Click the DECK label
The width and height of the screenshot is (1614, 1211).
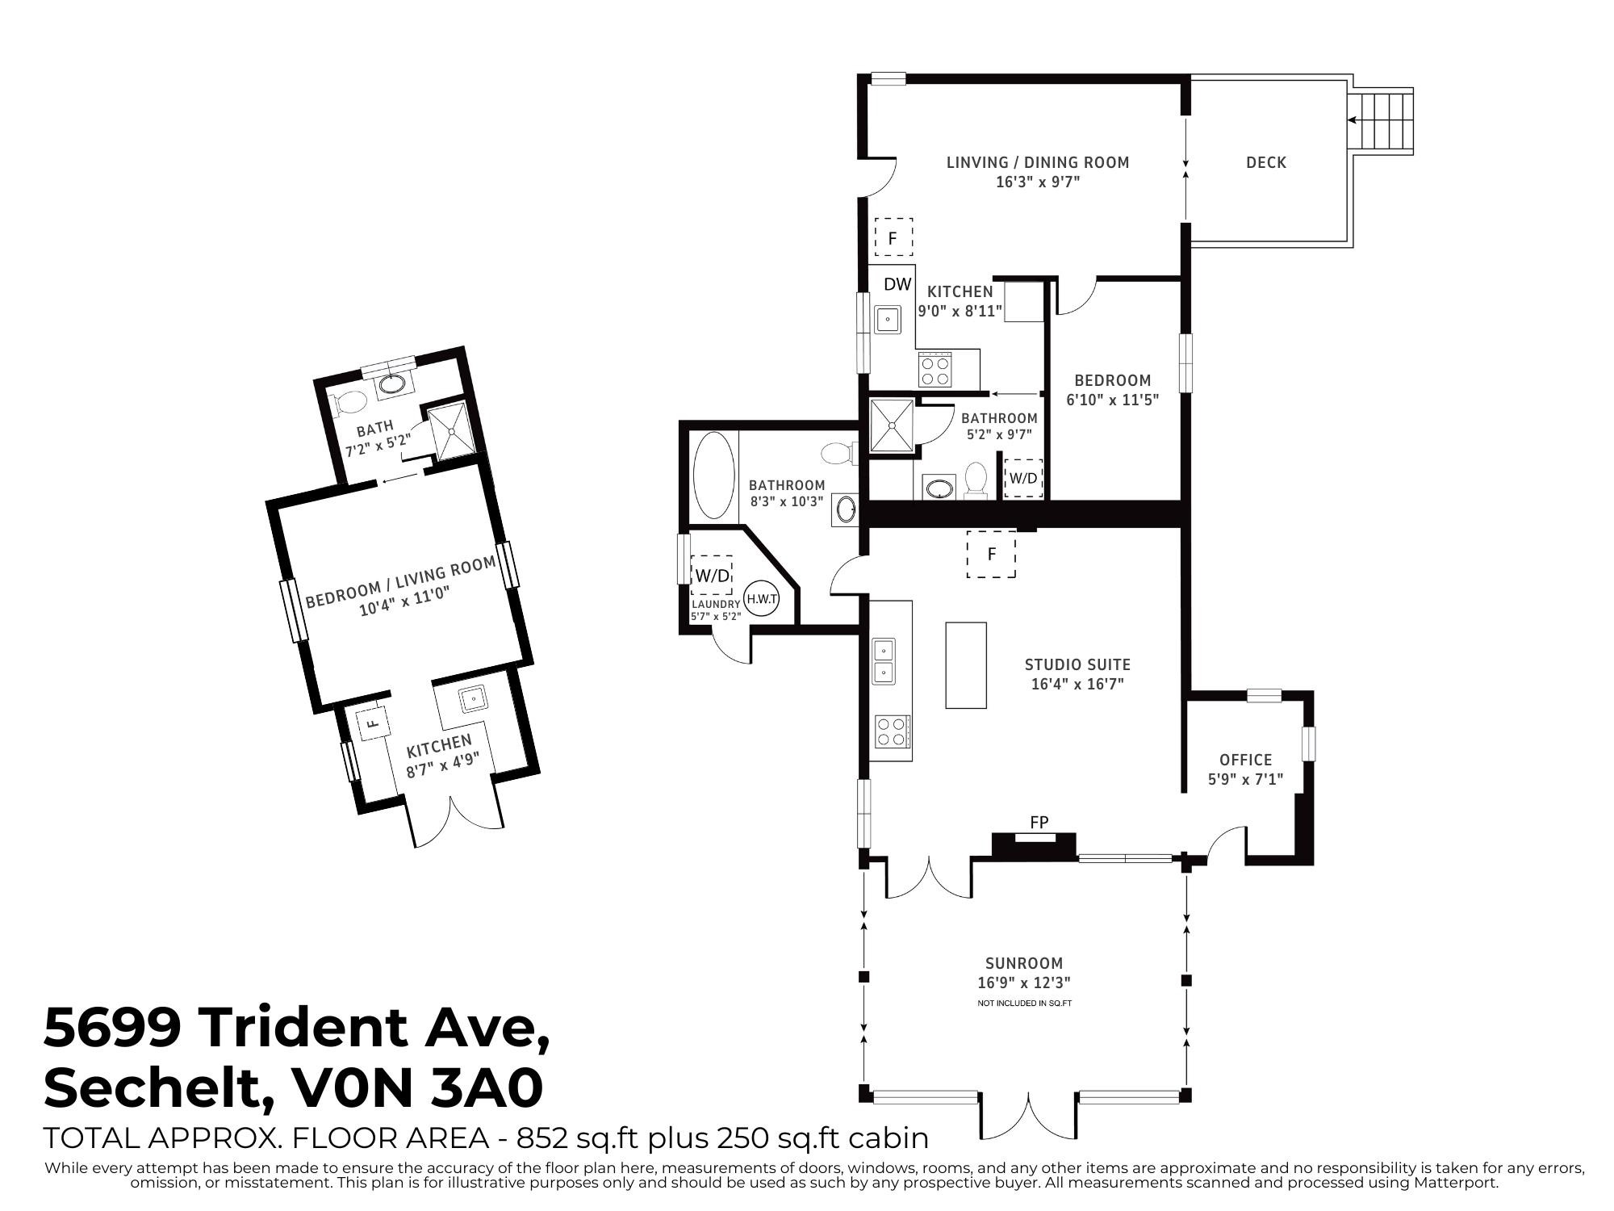click(x=1265, y=162)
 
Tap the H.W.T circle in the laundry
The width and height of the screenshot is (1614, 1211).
click(x=762, y=599)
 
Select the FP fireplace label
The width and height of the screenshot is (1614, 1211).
click(x=1039, y=823)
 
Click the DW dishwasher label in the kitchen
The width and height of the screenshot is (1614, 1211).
click(x=897, y=284)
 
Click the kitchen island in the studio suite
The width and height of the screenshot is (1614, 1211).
click(x=966, y=665)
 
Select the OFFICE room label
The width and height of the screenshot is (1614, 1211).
click(x=1245, y=760)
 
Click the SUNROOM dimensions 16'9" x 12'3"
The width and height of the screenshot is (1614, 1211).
click(x=1024, y=983)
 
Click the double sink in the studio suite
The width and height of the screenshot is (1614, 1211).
click(x=884, y=660)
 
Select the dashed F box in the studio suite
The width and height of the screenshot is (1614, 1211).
click(x=991, y=554)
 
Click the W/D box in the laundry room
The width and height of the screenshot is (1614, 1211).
click(x=713, y=576)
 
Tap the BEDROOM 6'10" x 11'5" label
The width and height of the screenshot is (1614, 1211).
click(x=1113, y=389)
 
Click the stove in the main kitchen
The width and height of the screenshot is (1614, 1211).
click(x=935, y=370)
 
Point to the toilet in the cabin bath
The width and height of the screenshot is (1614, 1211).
click(x=350, y=401)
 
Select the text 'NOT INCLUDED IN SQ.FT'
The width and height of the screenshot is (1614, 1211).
click(x=1024, y=1004)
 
